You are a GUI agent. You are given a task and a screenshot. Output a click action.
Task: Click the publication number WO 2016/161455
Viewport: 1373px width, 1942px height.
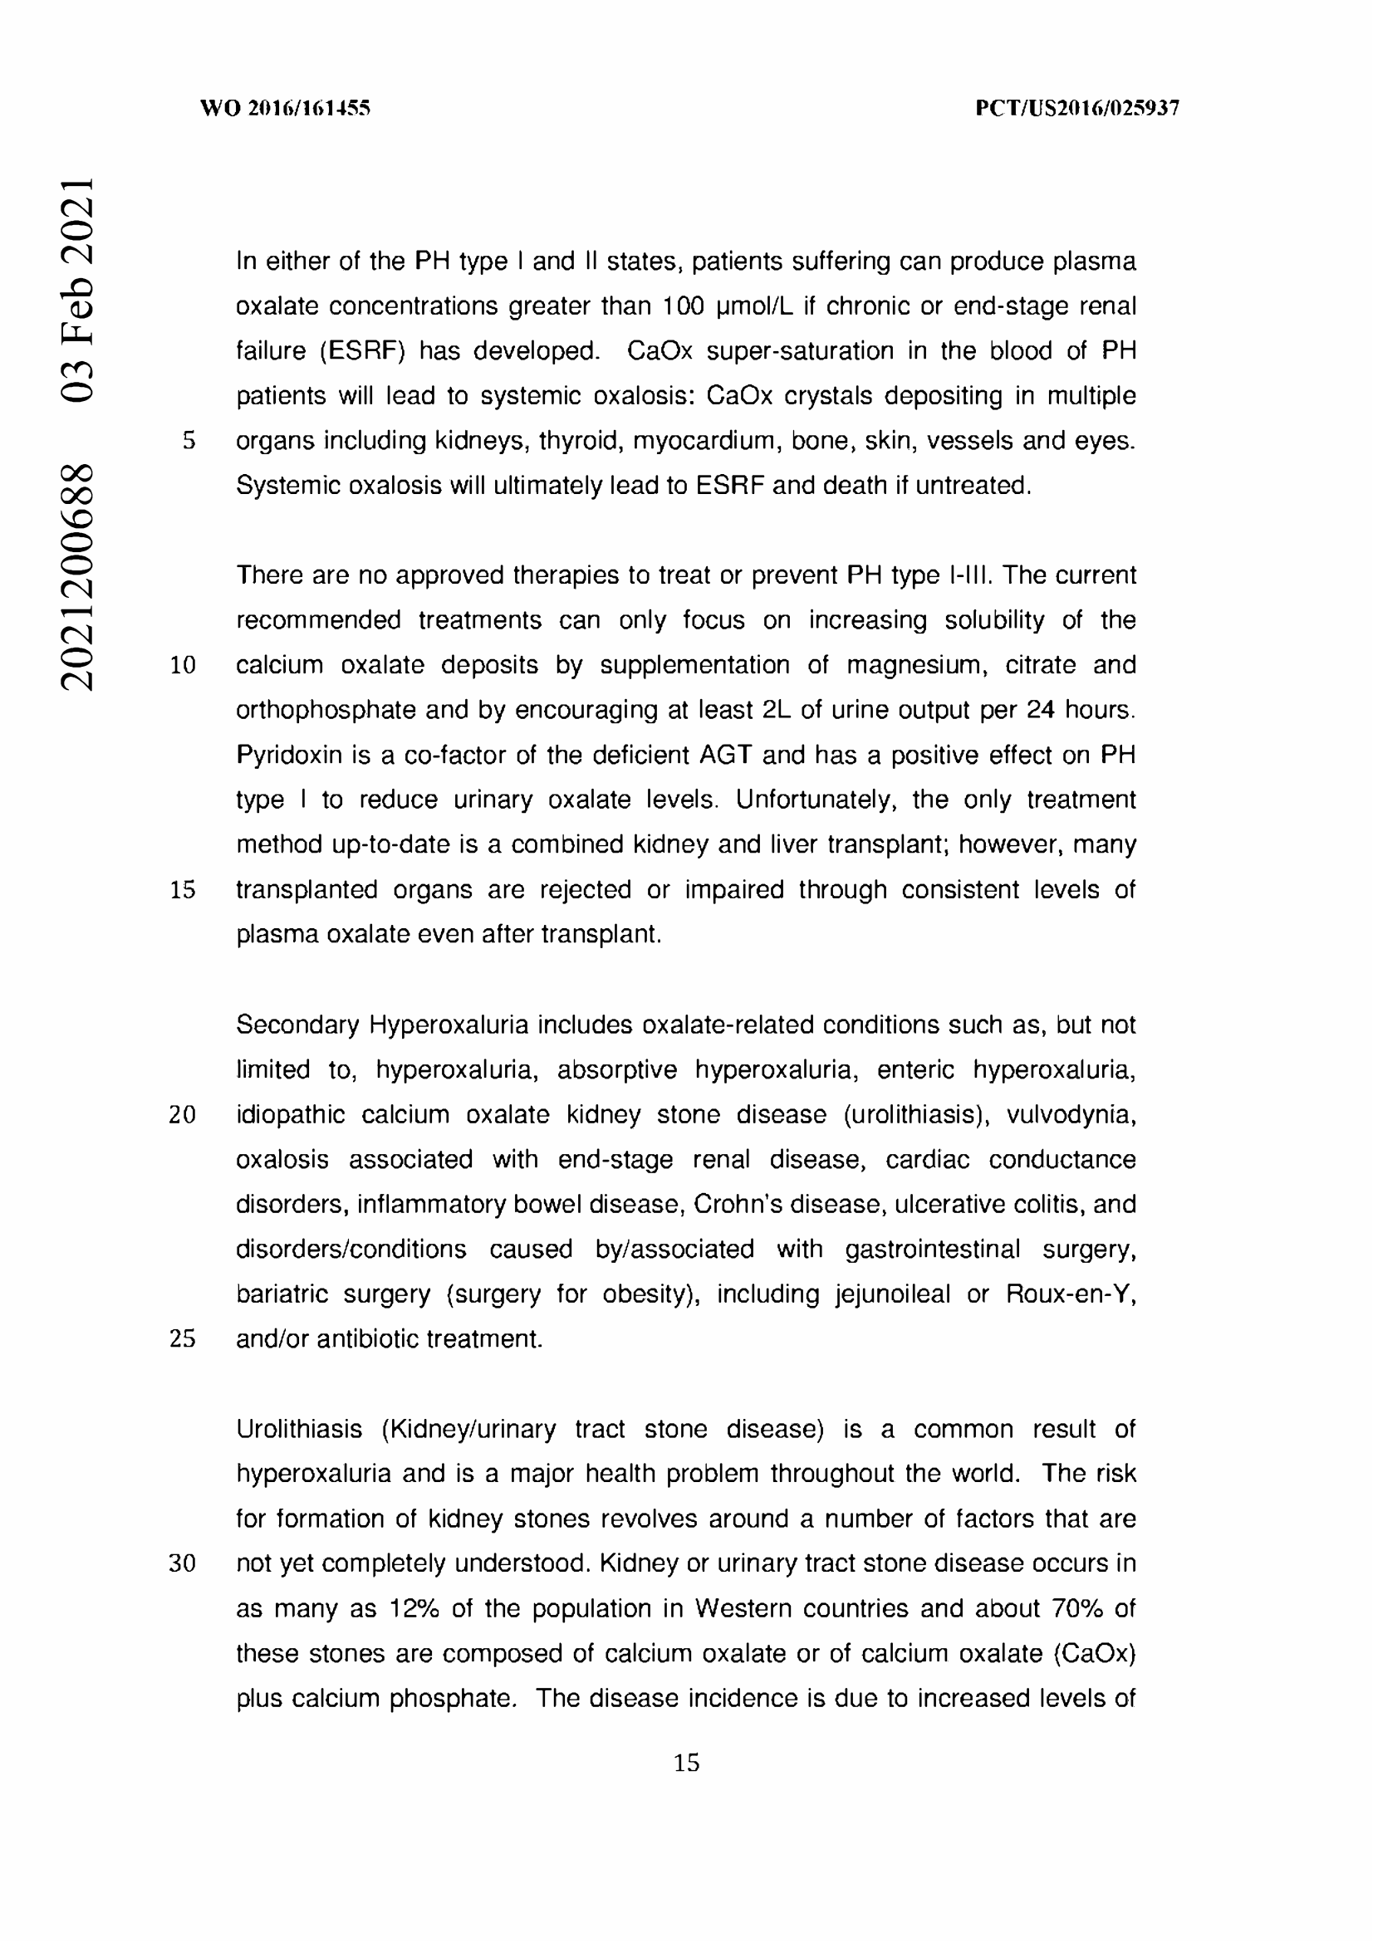(x=285, y=108)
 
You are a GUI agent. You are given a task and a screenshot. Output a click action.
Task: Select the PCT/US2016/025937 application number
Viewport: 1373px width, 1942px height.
(x=1077, y=108)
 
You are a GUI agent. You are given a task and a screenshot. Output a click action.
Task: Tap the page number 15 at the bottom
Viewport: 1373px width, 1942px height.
(x=686, y=1763)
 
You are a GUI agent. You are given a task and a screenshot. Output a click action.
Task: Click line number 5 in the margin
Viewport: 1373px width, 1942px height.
(x=189, y=441)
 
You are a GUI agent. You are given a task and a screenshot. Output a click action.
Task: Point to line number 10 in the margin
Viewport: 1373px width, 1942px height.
(x=183, y=666)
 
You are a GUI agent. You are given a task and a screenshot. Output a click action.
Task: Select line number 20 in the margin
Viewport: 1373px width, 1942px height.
(x=182, y=1115)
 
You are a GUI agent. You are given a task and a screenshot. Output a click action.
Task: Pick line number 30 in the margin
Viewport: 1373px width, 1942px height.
(x=182, y=1563)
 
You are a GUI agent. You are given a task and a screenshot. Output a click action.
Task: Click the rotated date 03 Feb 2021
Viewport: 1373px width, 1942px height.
(x=76, y=289)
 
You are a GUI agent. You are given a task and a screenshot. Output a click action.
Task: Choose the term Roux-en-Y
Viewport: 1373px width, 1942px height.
(x=1070, y=1294)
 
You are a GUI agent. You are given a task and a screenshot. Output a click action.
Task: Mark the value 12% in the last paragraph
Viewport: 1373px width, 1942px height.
(x=414, y=1608)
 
